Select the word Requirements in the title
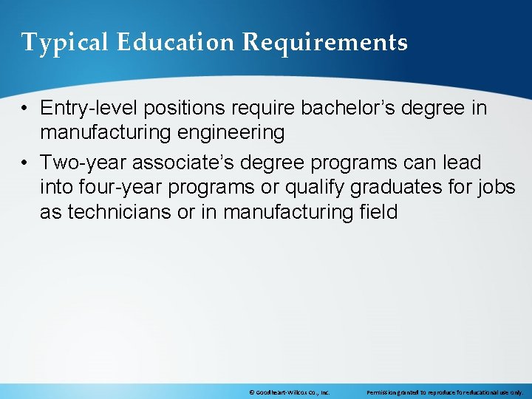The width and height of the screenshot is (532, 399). (325, 43)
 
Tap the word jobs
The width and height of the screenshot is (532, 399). (496, 188)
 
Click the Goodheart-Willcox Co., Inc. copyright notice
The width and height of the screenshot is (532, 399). (290, 392)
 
